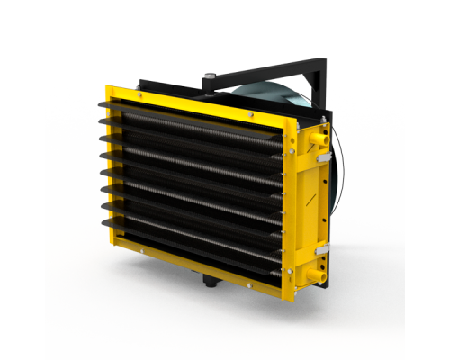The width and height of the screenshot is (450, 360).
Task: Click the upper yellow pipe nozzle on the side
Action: (x=321, y=140)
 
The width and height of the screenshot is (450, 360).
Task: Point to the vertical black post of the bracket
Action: (x=316, y=81)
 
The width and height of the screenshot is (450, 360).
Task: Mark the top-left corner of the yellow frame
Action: (x=108, y=87)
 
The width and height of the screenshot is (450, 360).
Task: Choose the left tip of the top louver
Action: (x=100, y=104)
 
